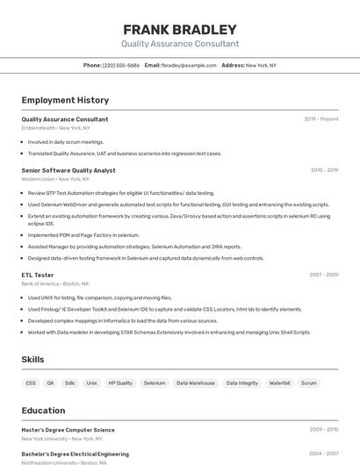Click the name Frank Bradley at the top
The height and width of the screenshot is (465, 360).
(x=180, y=29)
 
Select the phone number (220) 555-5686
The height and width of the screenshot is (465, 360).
(x=121, y=66)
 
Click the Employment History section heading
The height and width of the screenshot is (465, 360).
(x=65, y=101)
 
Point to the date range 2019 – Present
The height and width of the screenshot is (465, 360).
(x=321, y=119)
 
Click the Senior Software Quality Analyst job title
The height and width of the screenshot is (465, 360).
(x=68, y=170)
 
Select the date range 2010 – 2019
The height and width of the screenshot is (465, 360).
(x=324, y=170)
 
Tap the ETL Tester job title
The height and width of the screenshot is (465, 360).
(x=38, y=275)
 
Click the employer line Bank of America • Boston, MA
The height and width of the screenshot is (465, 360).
(x=54, y=283)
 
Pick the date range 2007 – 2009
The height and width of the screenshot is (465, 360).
(x=324, y=275)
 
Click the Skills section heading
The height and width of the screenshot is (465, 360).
(x=33, y=360)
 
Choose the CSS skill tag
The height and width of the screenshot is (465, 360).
(x=31, y=383)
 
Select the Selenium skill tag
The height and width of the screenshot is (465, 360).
(x=155, y=383)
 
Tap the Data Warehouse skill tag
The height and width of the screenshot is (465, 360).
(x=195, y=383)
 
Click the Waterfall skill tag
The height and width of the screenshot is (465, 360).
(x=279, y=383)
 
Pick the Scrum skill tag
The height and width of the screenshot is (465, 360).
(x=309, y=383)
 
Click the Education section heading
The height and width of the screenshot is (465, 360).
(x=45, y=410)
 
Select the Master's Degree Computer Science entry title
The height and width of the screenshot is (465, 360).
(x=68, y=430)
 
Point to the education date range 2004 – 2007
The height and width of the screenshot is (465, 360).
(x=324, y=454)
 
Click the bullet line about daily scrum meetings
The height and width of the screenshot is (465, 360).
(x=66, y=142)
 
